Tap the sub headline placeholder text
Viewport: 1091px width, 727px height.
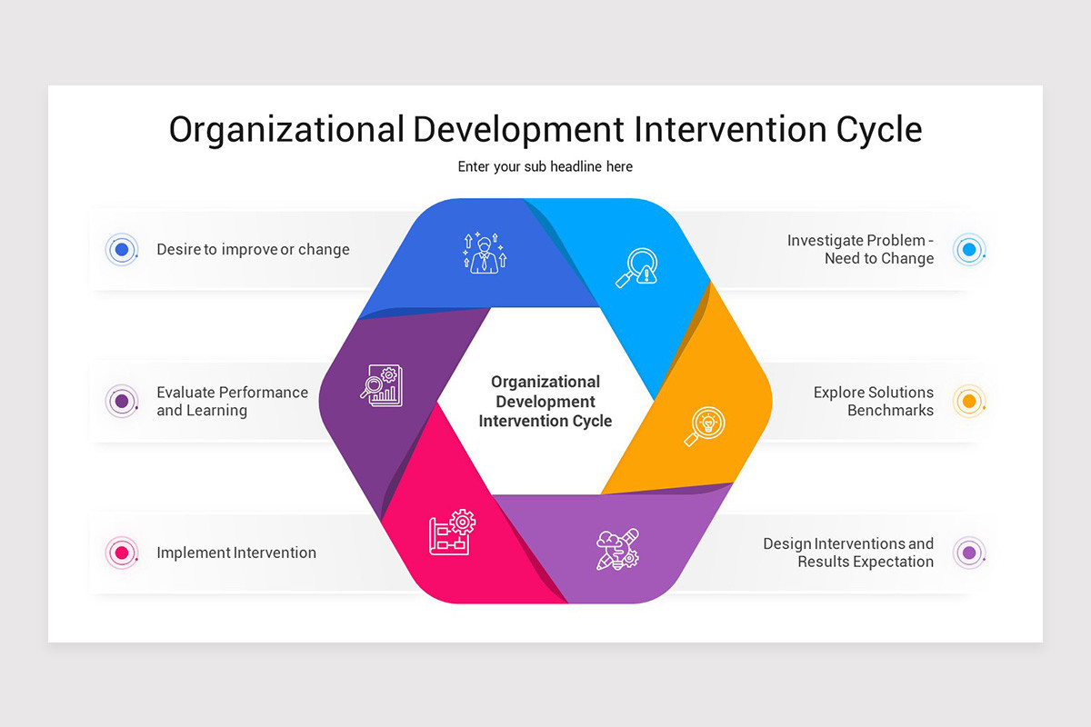point(545,166)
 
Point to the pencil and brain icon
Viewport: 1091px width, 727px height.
point(617,549)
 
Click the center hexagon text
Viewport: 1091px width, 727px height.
point(545,401)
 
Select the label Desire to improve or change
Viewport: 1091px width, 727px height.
point(253,249)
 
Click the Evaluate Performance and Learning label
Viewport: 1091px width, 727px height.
point(232,401)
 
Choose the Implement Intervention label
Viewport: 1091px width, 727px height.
point(236,553)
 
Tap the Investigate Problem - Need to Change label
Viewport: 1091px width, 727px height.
point(860,249)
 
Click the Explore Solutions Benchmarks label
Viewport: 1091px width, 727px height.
point(873,401)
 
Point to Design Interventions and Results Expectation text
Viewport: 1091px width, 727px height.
point(847,553)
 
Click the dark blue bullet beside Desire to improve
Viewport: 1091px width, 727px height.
point(121,249)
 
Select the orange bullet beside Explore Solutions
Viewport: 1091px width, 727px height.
point(969,401)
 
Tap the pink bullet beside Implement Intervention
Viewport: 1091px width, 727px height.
point(121,553)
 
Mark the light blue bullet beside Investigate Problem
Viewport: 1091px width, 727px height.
point(969,249)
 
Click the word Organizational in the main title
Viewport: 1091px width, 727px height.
point(285,130)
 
